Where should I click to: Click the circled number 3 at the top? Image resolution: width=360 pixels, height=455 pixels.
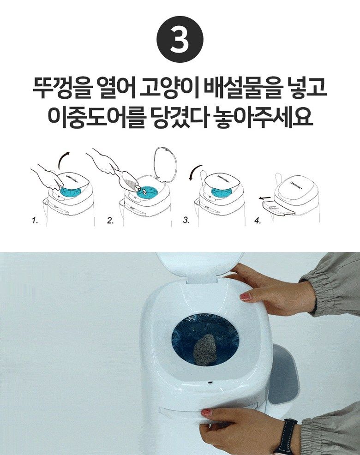[180, 41]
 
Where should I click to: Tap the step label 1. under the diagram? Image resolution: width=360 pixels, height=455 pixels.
[35, 221]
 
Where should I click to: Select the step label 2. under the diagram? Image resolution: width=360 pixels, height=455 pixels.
[110, 221]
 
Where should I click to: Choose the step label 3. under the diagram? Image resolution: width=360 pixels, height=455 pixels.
[186, 221]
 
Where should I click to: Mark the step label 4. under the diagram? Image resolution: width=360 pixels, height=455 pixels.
[257, 221]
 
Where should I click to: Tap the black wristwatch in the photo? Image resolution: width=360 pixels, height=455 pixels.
[286, 436]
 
